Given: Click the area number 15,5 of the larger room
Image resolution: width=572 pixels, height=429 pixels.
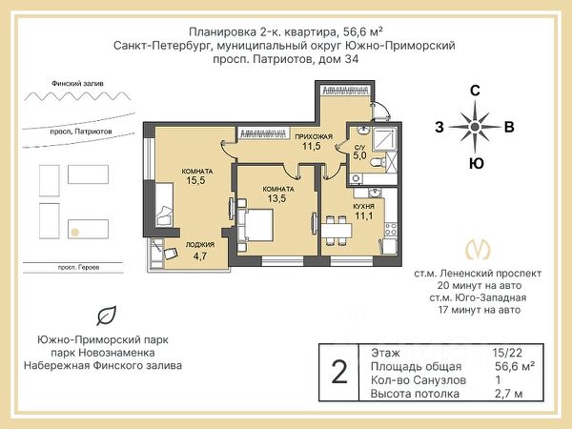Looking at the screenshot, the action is (x=195, y=180).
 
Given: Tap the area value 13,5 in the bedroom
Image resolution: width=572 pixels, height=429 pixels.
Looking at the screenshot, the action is (x=276, y=198).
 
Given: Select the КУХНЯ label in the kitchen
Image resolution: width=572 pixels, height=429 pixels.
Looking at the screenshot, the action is (x=364, y=207).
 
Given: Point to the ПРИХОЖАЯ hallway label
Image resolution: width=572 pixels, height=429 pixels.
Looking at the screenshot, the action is (x=314, y=136).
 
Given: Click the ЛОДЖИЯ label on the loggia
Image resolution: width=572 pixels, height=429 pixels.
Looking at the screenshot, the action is (x=200, y=245).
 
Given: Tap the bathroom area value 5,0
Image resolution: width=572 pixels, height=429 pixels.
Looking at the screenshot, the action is (x=359, y=156).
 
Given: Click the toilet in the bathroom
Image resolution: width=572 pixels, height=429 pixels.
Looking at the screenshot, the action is (x=378, y=162).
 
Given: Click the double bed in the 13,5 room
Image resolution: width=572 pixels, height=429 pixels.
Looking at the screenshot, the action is (x=255, y=225).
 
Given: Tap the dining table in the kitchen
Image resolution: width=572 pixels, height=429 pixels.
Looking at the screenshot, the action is (x=337, y=231).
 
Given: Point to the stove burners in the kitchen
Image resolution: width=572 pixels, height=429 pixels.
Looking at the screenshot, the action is (x=391, y=230).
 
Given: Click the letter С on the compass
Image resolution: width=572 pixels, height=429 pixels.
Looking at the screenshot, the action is (x=475, y=91).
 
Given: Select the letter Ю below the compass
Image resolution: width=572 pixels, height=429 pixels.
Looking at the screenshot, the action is (x=477, y=163).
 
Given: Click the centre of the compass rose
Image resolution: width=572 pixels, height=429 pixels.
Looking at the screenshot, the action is (x=475, y=127).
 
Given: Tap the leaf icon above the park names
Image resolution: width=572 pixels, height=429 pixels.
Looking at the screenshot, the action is (x=107, y=316).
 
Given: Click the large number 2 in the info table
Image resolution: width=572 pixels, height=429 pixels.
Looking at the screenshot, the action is (x=339, y=373).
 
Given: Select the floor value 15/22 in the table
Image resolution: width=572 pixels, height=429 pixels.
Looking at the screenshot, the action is (x=507, y=353).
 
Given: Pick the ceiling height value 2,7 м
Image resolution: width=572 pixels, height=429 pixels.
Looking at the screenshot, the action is (x=508, y=394).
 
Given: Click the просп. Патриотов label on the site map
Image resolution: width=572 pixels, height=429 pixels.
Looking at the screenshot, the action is (x=81, y=132).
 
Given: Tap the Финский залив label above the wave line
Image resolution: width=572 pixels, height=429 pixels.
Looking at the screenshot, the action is (x=78, y=84).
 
